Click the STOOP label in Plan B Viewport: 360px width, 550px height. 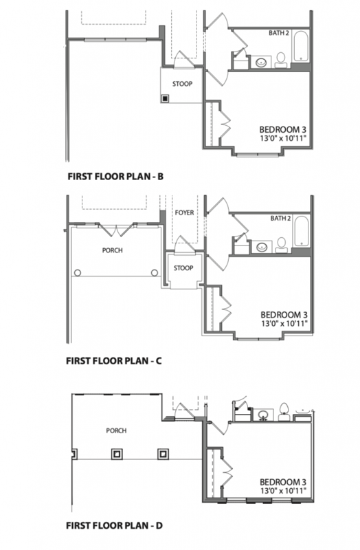click(182, 84)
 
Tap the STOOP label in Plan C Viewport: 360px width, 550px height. click(183, 268)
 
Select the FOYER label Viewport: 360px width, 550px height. click(184, 212)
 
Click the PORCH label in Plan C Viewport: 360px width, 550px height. click(112, 250)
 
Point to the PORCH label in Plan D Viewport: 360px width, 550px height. click(116, 431)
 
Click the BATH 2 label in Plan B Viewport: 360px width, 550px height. click(279, 33)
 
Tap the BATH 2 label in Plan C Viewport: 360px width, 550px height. click(280, 219)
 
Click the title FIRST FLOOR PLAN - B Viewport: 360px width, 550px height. click(115, 176)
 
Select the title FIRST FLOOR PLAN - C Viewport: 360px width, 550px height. click(114, 360)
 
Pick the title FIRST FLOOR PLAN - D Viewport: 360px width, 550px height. click(114, 525)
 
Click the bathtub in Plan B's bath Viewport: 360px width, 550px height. click(300, 46)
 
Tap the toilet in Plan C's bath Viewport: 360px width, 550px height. click(281, 245)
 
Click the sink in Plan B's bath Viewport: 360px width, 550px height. click(261, 63)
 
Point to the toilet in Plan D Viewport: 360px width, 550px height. click(284, 411)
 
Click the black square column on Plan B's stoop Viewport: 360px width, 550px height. click(165, 98)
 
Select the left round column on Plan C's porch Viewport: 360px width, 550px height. click(78, 272)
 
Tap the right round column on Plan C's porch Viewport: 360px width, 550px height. click(154, 272)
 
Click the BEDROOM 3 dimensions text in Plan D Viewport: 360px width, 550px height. click(283, 490)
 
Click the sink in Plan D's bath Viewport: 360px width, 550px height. click(263, 415)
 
